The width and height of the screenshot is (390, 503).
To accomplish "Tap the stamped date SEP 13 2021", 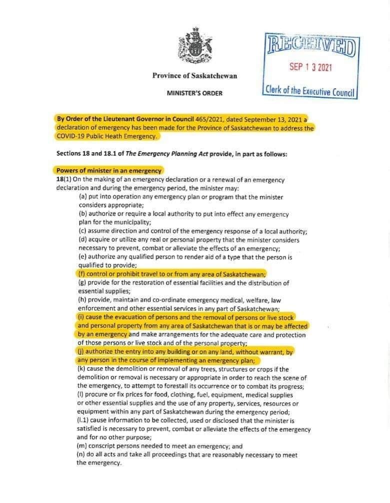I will click(x=310, y=67).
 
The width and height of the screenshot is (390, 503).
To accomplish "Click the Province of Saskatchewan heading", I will click(x=194, y=76).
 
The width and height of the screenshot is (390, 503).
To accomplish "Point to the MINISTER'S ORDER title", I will click(x=194, y=93).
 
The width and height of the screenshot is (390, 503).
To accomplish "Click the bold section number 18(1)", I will click(x=63, y=180).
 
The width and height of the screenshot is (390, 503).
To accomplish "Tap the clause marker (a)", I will click(x=83, y=197).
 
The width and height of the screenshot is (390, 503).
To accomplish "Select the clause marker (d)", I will click(x=83, y=240).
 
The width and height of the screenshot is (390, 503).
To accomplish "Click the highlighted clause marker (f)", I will click(x=82, y=274).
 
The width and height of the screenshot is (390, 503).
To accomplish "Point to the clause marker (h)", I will click(x=83, y=300).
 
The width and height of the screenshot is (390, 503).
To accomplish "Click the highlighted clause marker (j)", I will click(x=82, y=352).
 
